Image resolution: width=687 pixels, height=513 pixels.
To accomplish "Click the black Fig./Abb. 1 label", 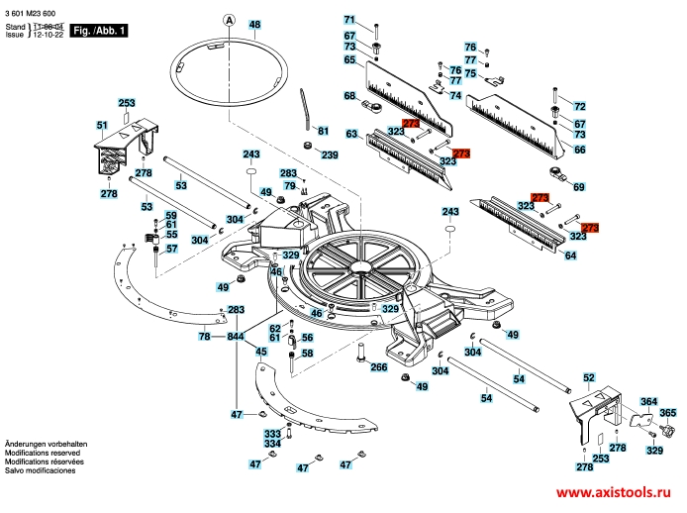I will (x=99, y=32).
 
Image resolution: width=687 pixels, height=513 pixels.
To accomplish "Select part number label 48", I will (x=255, y=24).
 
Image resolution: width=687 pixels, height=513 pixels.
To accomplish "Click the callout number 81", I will (x=322, y=131).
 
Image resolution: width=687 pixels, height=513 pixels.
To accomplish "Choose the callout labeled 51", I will (x=102, y=125).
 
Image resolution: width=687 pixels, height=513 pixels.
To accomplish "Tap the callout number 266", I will (x=378, y=367).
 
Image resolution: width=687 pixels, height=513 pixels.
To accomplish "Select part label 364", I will (x=648, y=402).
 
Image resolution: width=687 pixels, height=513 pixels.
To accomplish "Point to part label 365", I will (x=668, y=412).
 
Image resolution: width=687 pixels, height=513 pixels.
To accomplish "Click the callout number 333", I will (x=272, y=434).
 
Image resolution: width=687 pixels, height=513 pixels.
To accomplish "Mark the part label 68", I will (x=350, y=96).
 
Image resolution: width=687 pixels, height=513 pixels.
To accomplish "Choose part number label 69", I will (x=579, y=186).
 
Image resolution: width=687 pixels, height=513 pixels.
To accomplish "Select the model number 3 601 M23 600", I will (x=35, y=10).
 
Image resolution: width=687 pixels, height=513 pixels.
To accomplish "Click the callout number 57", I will (x=171, y=249).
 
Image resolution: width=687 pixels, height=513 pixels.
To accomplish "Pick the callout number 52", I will (x=589, y=378).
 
